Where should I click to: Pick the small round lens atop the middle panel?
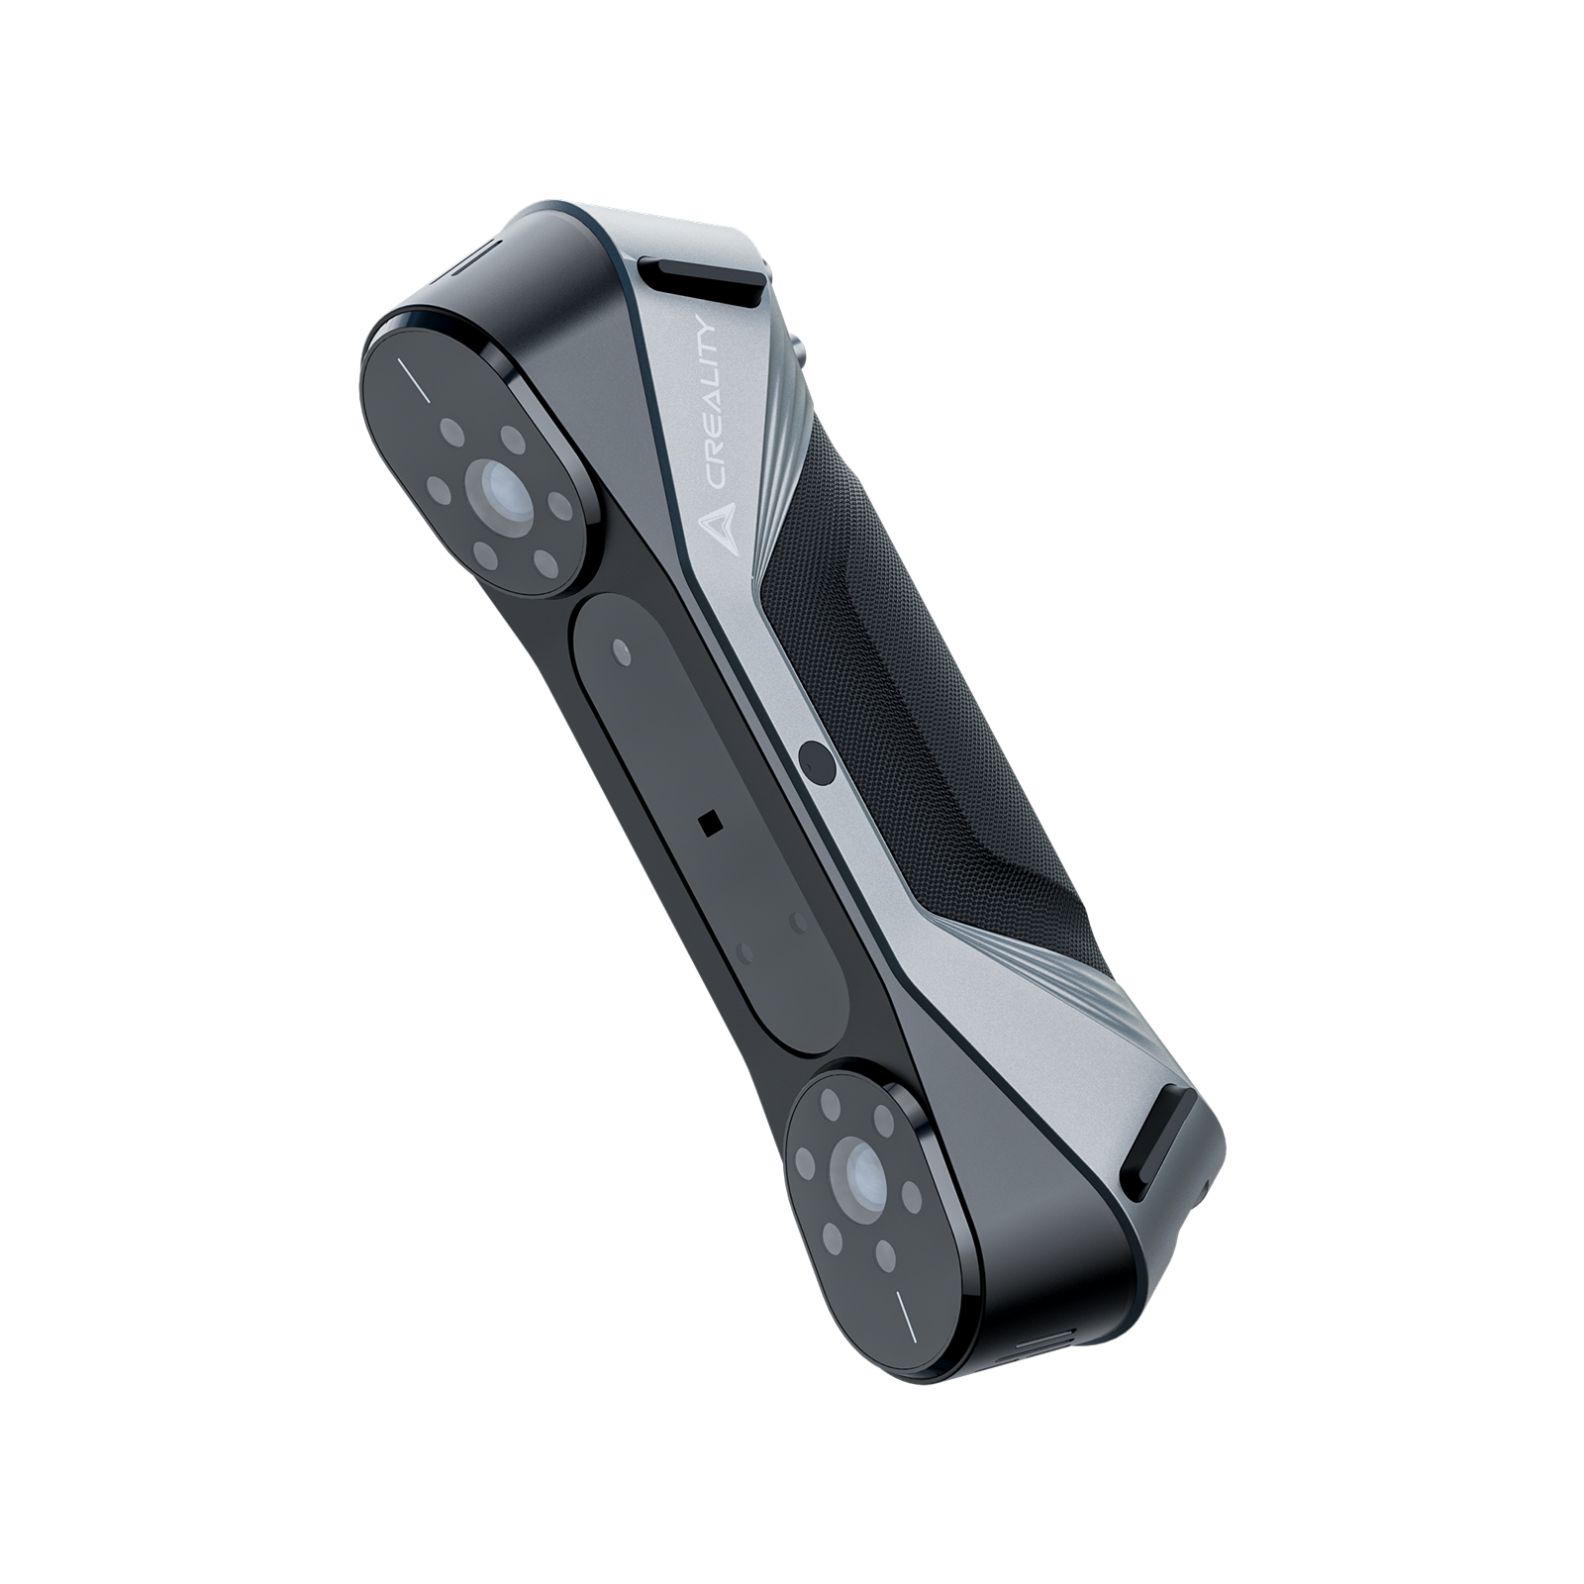coord(622,650)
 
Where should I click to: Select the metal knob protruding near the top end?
coord(797,352)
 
